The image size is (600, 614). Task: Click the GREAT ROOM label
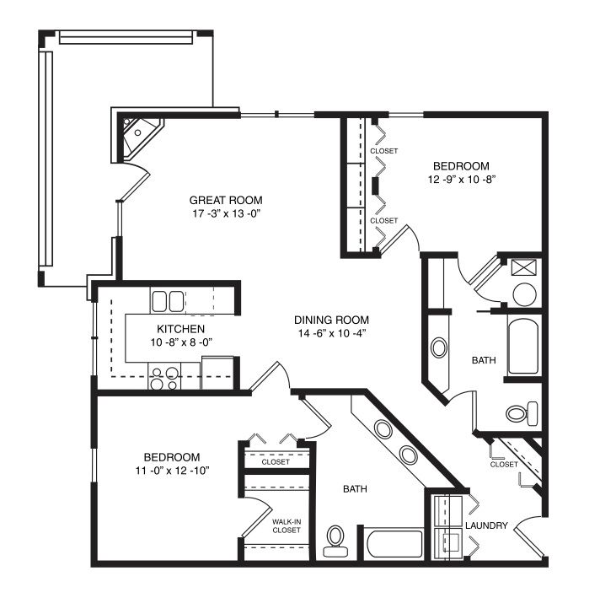(226, 200)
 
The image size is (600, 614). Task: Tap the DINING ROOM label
(331, 320)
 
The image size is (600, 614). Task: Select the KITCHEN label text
(180, 329)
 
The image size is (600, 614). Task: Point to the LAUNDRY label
(486, 525)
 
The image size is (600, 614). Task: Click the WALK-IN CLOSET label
(287, 526)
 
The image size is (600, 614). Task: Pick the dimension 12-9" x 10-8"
(462, 180)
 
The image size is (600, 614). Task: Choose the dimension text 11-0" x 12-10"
(172, 471)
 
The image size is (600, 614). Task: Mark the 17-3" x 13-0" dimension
(226, 213)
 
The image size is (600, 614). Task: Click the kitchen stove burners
(164, 379)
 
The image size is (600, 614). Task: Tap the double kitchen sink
(168, 301)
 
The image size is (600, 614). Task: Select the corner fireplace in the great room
(139, 136)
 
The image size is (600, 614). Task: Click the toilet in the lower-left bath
(335, 541)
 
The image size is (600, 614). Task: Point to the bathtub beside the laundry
(394, 543)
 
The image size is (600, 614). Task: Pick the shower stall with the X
(523, 267)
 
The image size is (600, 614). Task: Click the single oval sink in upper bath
(438, 347)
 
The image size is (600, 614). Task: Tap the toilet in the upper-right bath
(522, 413)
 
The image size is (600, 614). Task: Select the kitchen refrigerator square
(217, 373)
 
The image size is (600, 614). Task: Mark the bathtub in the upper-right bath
(523, 346)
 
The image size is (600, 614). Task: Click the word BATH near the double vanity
(355, 488)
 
